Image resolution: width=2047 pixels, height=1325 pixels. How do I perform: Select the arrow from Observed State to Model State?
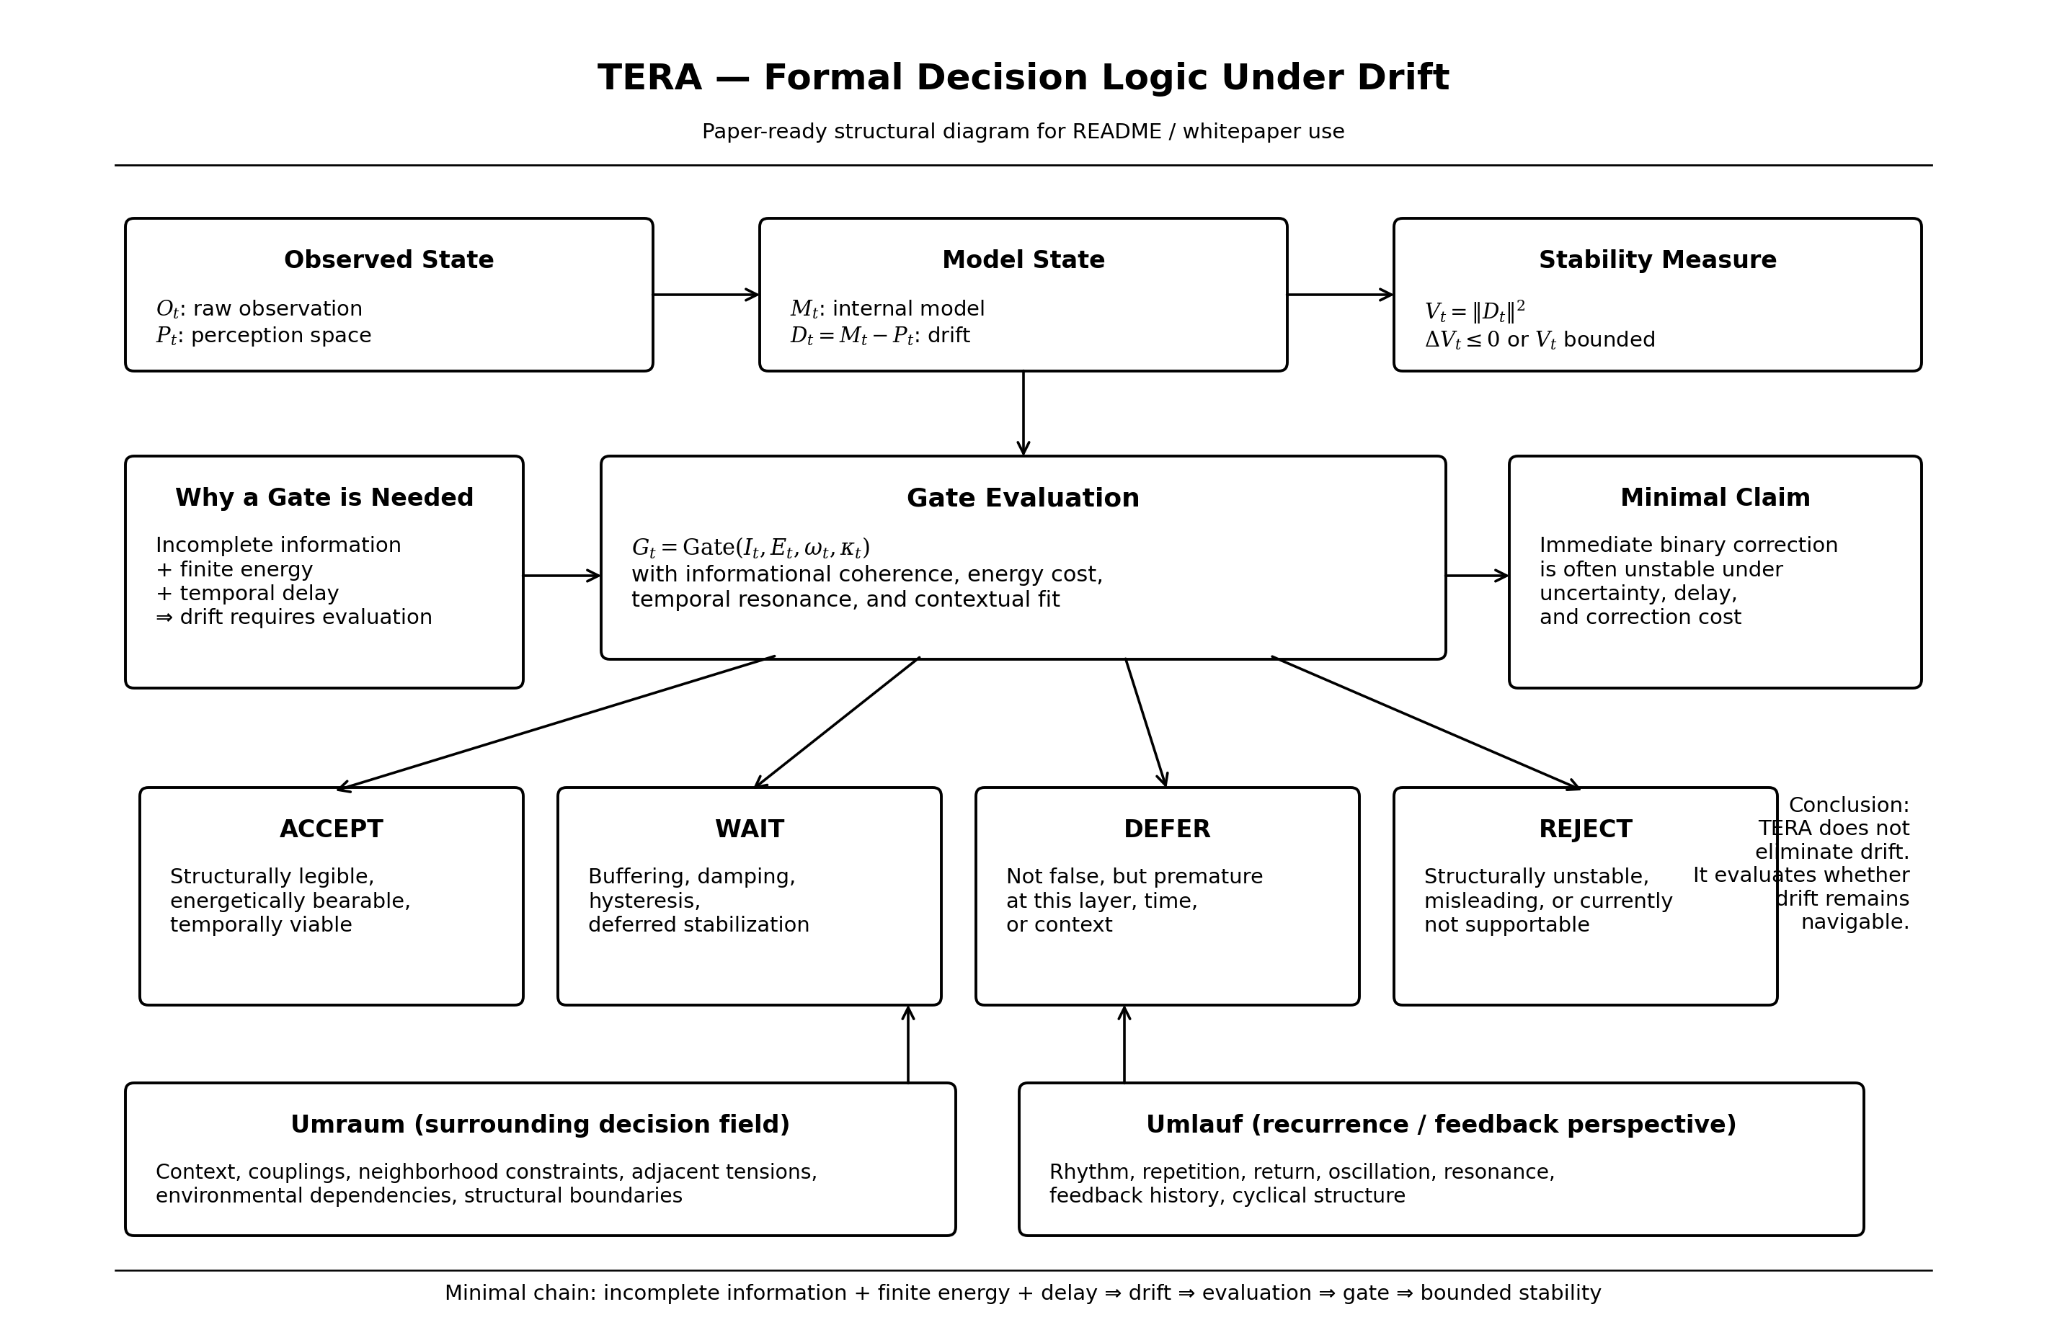[x=705, y=295]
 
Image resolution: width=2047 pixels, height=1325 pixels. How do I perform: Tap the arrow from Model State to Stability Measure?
[x=1339, y=295]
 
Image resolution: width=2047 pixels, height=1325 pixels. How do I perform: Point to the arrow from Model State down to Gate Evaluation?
[x=1023, y=413]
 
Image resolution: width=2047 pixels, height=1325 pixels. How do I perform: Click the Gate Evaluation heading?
[x=1023, y=498]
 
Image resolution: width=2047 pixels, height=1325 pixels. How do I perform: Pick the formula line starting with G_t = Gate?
[x=750, y=548]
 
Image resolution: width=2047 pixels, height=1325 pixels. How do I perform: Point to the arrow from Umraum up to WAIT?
[x=907, y=1044]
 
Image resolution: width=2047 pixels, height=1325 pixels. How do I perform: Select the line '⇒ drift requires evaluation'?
[x=293, y=617]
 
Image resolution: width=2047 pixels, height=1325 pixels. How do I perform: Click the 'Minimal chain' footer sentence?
[x=1023, y=1293]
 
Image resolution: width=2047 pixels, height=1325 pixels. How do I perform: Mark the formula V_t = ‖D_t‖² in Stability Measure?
[x=1474, y=311]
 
